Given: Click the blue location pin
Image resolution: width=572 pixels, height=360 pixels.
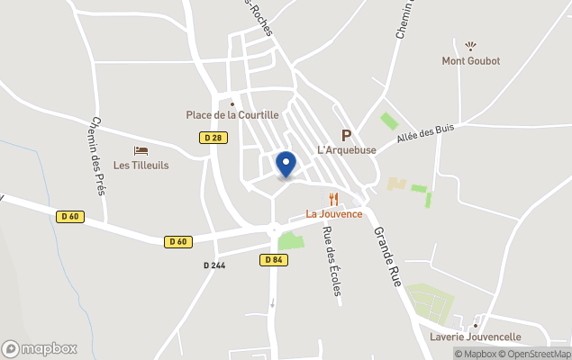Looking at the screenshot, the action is point(286,165).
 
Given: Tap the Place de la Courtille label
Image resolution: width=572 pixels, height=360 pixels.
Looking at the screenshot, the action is point(232,115).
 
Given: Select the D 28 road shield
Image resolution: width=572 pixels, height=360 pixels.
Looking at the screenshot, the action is point(213,138).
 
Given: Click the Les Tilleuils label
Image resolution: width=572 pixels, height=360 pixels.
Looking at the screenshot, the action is point(141,166).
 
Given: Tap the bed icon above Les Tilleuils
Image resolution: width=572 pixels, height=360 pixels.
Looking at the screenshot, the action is point(141,150).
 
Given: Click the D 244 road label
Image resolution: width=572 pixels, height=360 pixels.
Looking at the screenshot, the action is point(214,265).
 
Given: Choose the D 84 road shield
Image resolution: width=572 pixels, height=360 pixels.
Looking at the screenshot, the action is point(275,260).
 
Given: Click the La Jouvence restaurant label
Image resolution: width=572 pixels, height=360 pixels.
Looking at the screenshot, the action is point(333,214).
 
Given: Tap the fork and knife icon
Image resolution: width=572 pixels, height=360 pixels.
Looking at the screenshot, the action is point(333,199).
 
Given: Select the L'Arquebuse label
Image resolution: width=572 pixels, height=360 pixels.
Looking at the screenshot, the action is point(346,149).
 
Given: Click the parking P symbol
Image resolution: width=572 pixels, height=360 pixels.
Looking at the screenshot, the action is point(346,134).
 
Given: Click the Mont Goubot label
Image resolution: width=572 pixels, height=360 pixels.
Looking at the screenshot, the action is point(470,61).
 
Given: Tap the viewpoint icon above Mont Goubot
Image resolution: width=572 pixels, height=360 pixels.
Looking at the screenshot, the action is point(470,45).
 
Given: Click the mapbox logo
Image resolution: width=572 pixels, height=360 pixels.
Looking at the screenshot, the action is point(40,348).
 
